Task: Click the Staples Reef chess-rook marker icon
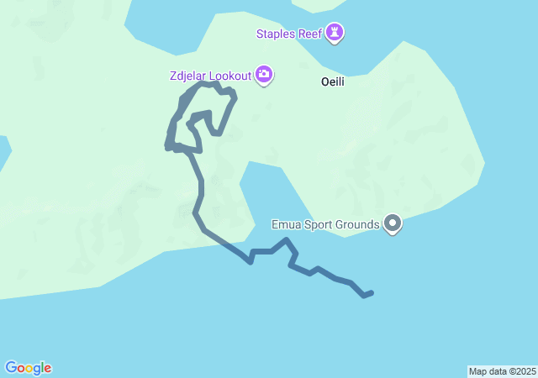[335, 34]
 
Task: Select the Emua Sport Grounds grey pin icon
[393, 223]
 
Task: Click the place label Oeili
[333, 82]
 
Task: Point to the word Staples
[278, 34]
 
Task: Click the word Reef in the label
[312, 34]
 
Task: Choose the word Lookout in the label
[229, 76]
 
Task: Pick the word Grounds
[359, 224]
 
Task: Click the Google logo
[28, 368]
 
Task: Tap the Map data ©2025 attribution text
[502, 371]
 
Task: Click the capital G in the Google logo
[10, 367]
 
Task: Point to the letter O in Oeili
[324, 82]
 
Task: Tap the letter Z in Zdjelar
[172, 76]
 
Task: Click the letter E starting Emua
[275, 224]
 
